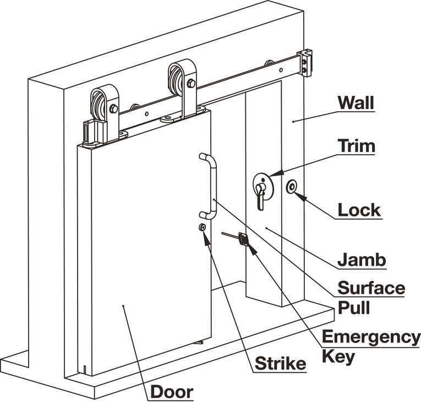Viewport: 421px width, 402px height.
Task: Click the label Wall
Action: pos(356,103)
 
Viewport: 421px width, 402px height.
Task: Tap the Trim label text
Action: pos(357,146)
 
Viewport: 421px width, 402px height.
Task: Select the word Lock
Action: pos(359,210)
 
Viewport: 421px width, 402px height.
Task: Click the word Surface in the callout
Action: pos(371,288)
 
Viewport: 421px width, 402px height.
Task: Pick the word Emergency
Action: pos(371,336)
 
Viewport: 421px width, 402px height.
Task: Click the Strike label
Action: pos(280,363)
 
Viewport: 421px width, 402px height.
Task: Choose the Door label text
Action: pos(172,392)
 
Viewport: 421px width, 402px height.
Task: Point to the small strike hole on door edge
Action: pos(203,228)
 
